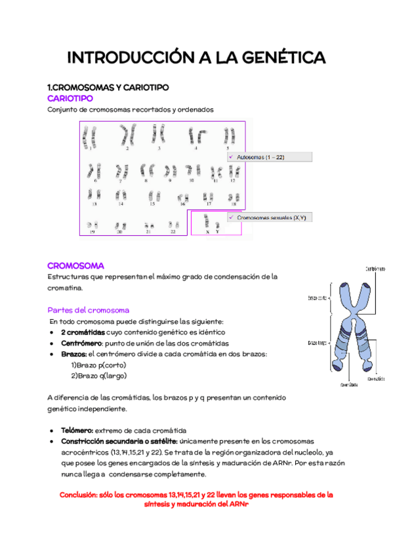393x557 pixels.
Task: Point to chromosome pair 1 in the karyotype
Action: click(x=90, y=136)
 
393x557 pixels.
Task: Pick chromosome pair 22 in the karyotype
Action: click(x=173, y=225)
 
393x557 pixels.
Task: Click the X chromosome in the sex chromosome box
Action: click(x=207, y=223)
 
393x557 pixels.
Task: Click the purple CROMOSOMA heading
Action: click(x=75, y=265)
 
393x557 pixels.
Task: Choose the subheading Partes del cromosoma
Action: click(x=88, y=309)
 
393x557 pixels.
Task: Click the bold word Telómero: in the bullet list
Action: click(x=81, y=430)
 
